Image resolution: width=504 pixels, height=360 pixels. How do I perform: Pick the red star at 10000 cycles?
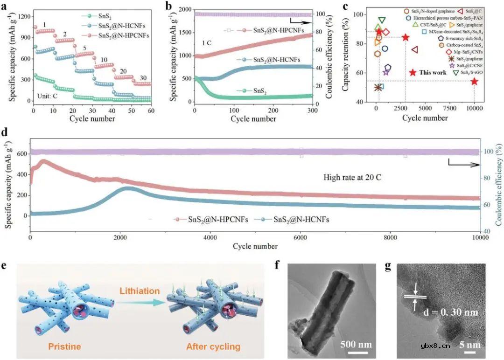(474, 81)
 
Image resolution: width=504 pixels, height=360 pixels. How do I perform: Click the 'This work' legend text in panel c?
(432, 73)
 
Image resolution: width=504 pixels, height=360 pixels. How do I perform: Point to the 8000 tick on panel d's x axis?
(390, 238)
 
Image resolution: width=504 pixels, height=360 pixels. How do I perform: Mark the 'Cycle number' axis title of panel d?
(255, 246)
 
